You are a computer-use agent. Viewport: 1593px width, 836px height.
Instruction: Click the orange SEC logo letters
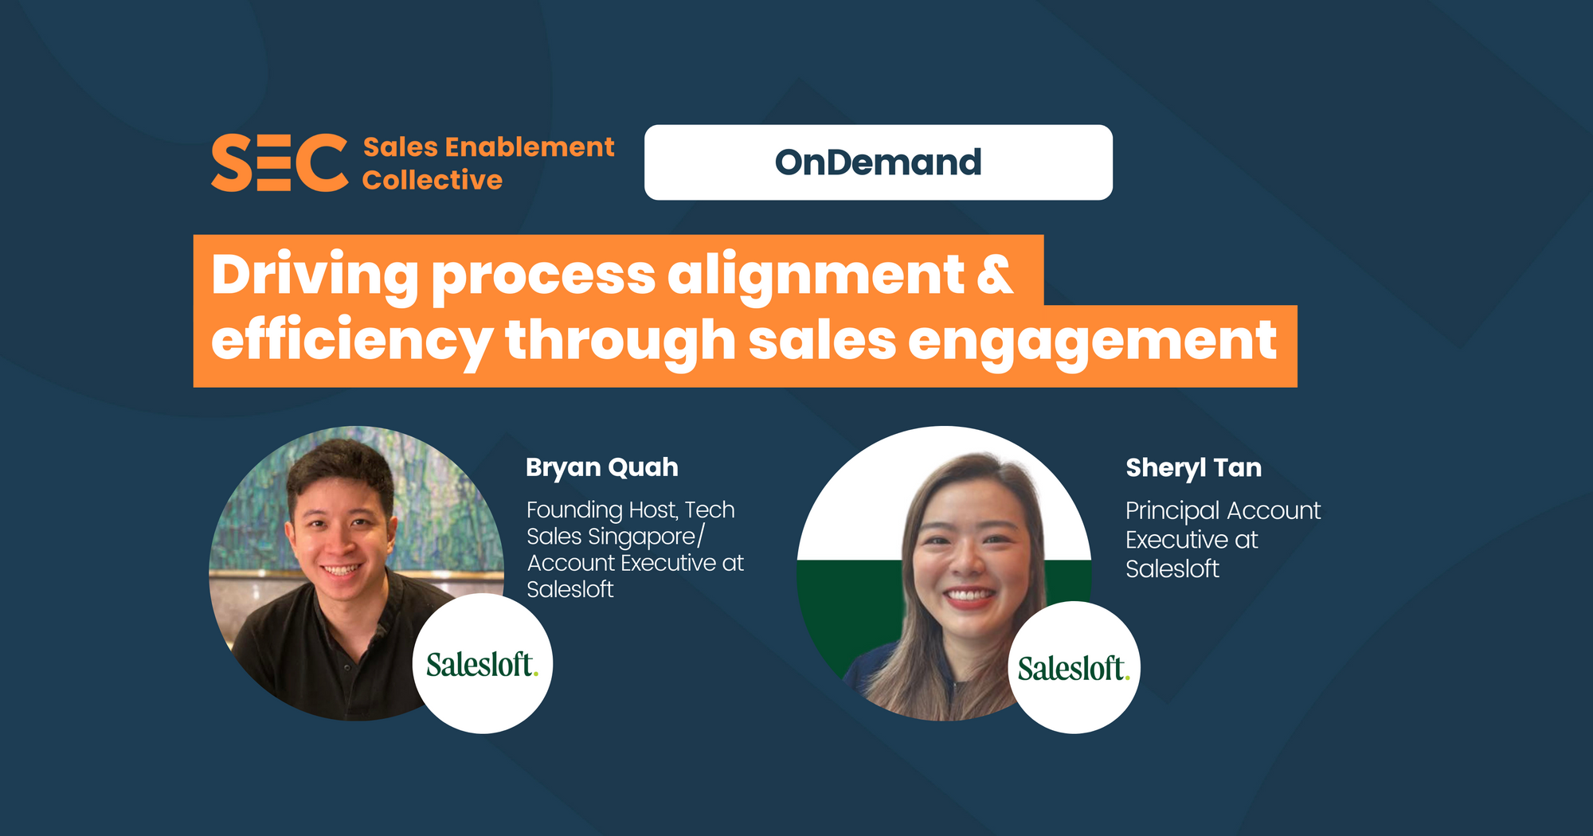tap(280, 162)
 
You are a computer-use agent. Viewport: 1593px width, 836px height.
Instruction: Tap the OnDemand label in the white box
tap(878, 162)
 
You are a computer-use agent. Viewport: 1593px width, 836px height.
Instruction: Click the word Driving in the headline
tap(315, 275)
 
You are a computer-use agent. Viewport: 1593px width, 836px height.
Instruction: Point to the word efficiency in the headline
tap(352, 341)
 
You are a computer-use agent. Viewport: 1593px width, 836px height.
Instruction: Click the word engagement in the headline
tap(1092, 341)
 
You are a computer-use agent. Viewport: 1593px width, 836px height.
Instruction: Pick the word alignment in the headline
tap(816, 275)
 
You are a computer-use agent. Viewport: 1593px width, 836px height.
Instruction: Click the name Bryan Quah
tap(602, 467)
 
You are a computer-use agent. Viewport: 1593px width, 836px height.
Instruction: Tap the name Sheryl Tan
tap(1193, 467)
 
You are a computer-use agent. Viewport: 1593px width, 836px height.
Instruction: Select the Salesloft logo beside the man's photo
tap(483, 664)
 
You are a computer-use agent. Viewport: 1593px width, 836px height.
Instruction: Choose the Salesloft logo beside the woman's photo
tap(1074, 667)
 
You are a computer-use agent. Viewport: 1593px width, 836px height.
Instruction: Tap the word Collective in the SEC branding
tap(432, 180)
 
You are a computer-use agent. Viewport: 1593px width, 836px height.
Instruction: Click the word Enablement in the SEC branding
tap(529, 146)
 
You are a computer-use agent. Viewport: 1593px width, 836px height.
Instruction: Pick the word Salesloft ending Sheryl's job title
tap(1172, 569)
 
